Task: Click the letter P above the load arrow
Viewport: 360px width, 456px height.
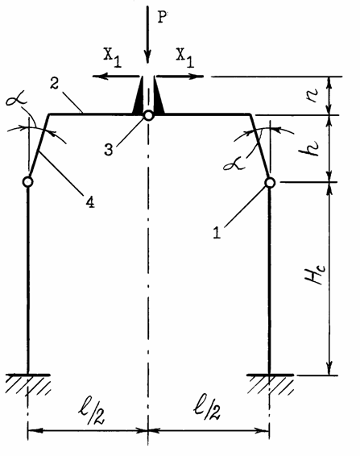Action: [163, 17]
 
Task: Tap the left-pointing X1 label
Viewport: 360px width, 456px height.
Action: [113, 56]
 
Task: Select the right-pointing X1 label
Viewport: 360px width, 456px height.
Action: [185, 56]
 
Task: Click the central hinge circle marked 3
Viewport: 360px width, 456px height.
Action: [148, 115]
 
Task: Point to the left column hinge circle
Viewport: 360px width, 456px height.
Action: [27, 182]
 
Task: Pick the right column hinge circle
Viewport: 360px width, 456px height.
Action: [270, 183]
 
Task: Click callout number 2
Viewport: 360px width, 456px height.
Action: [54, 83]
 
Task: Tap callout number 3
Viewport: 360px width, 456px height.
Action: [109, 150]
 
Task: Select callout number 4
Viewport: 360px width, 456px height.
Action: [90, 202]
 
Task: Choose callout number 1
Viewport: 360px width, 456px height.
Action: [217, 233]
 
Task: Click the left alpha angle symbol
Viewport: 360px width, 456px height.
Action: [16, 99]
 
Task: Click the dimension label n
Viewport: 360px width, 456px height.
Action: [313, 95]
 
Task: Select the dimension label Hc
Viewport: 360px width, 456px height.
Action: [315, 275]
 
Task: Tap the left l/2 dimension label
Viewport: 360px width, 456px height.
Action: [91, 411]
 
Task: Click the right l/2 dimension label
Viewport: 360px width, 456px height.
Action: [207, 409]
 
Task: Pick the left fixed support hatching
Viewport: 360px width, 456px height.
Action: [28, 383]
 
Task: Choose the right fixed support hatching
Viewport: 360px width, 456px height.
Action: [270, 383]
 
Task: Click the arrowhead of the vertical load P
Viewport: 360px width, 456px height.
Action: [147, 56]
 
